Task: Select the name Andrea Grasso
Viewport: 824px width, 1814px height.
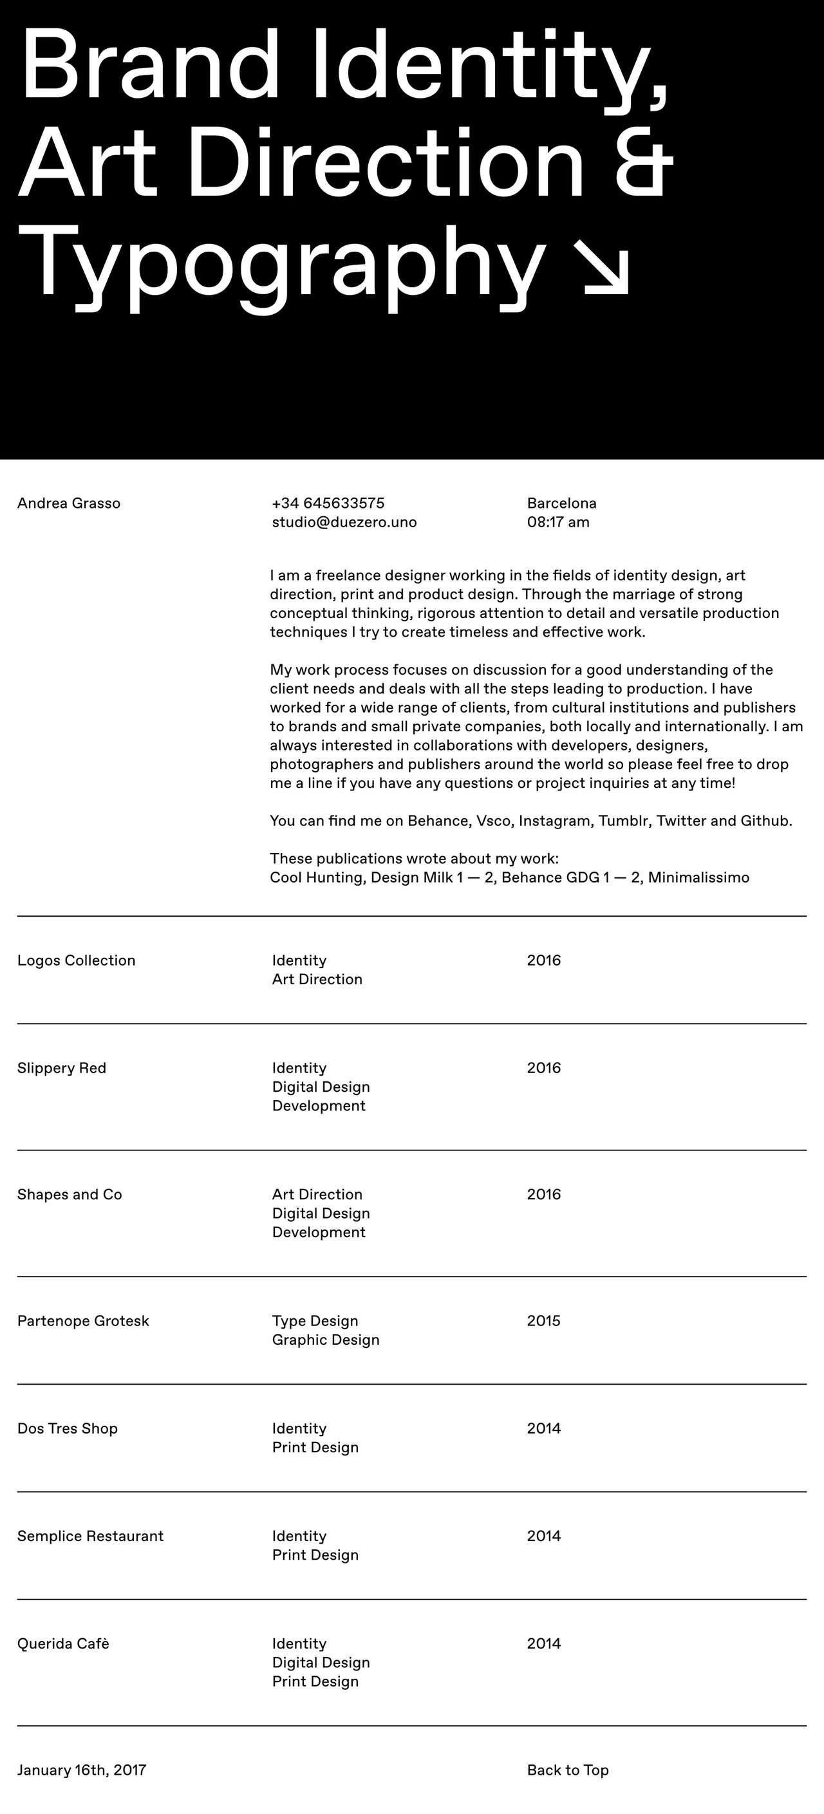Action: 69,503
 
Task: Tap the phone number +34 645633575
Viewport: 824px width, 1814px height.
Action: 328,503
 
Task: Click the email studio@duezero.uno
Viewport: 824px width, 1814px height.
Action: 344,523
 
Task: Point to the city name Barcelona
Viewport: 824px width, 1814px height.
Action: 561,503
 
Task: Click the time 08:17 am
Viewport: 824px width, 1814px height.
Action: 557,523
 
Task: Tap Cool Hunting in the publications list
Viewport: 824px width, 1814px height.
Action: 316,878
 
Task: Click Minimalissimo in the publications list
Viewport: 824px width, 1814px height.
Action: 698,878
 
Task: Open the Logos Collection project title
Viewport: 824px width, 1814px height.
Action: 76,960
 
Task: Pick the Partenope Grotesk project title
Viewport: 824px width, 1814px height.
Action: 83,1321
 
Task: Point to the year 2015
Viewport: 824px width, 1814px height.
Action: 544,1321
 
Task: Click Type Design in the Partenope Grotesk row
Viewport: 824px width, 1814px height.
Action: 315,1321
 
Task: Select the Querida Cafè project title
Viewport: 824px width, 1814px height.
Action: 63,1643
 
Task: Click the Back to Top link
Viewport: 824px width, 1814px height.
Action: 568,1770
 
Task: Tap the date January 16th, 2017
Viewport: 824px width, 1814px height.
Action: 82,1770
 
